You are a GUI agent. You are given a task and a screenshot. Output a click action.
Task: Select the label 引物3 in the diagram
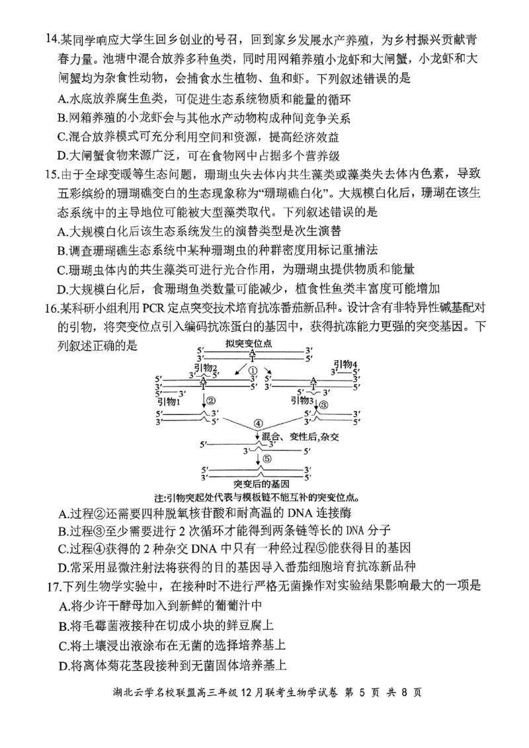coord(302,400)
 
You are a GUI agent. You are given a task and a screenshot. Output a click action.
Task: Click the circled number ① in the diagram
coord(252,371)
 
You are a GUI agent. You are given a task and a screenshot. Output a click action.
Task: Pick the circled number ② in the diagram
coord(211,401)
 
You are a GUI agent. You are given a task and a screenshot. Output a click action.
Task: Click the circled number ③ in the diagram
coord(323,404)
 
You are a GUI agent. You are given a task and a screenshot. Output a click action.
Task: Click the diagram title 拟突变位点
coord(249,344)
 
